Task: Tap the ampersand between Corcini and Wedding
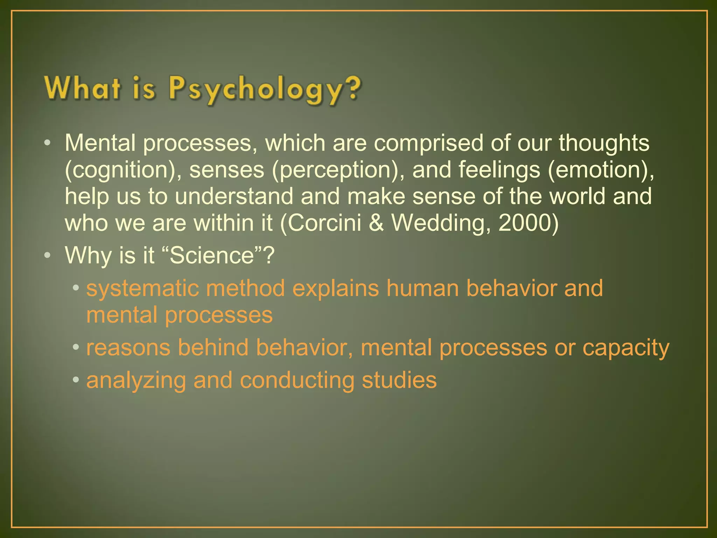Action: click(376, 223)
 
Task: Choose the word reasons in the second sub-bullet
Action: click(128, 348)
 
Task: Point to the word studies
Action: click(399, 380)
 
